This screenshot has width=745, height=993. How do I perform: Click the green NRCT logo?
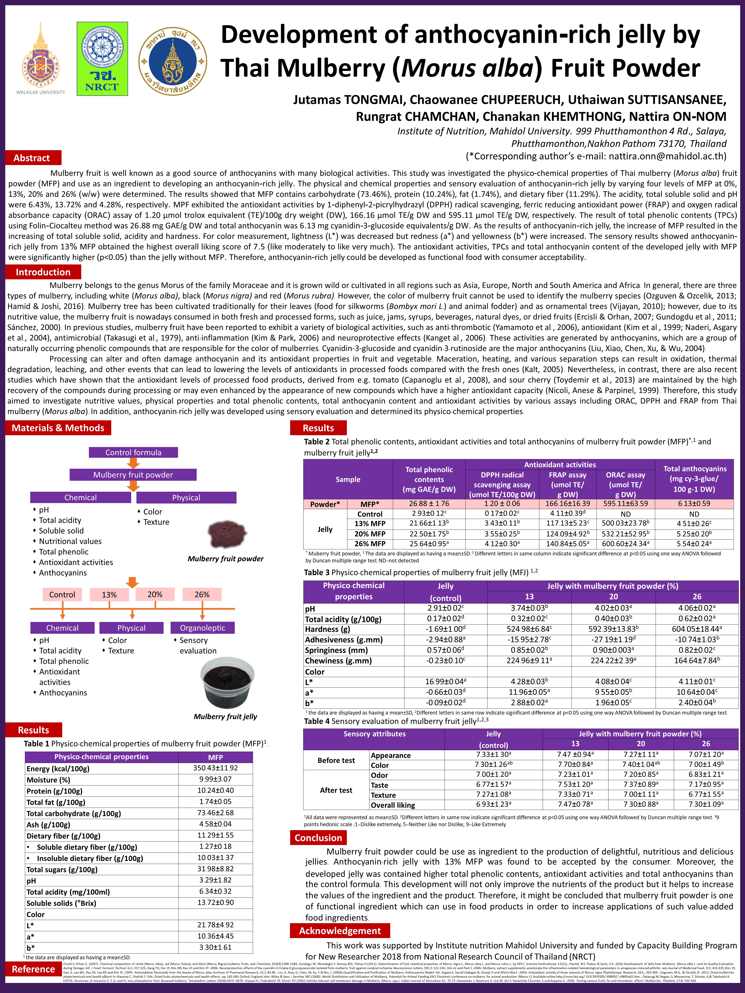pyautogui.click(x=102, y=59)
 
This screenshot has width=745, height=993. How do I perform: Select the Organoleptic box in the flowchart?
pyautogui.click(x=203, y=628)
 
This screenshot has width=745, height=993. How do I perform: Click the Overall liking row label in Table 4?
pyautogui.click(x=393, y=805)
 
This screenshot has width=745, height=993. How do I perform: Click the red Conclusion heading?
pyautogui.click(x=318, y=838)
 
